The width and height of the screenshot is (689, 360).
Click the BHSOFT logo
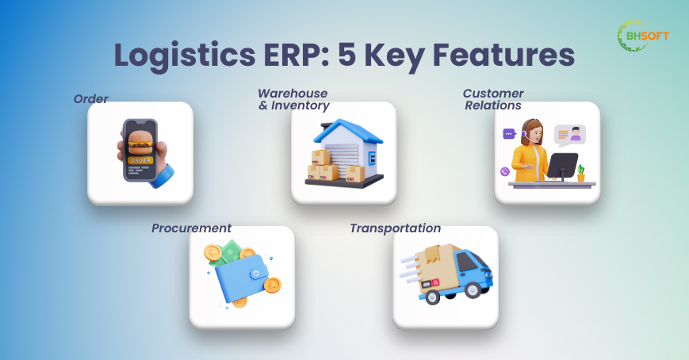coord(643,36)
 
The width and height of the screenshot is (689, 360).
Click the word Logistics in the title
coord(185,56)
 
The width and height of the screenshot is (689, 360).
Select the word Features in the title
coord(503,55)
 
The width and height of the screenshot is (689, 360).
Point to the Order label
coord(90,99)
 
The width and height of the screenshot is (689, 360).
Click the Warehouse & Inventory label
coord(293,99)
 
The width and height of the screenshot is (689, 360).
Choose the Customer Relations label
coord(493,99)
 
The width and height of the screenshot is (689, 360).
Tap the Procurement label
coord(191,228)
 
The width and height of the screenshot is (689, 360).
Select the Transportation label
coord(395,228)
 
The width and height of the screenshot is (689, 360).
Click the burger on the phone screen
coord(140,141)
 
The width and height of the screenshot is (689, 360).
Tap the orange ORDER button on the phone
coord(140,160)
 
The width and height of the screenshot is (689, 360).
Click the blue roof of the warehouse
coord(347,131)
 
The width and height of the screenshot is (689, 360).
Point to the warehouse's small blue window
coord(372,157)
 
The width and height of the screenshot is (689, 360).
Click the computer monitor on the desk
coord(562,167)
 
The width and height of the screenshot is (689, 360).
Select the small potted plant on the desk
coord(581,173)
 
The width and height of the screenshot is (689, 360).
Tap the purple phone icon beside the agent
coord(505,171)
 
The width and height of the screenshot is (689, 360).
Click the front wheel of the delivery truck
coord(473,289)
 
